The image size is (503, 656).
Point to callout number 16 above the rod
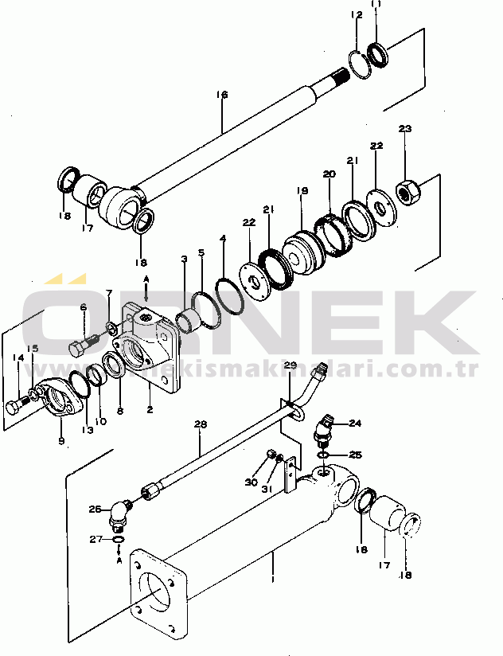click(x=222, y=95)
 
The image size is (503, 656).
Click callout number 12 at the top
click(x=356, y=15)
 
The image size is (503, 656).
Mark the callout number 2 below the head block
click(x=149, y=411)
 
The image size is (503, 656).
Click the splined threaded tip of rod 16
click(x=345, y=76)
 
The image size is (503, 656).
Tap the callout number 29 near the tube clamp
click(x=290, y=365)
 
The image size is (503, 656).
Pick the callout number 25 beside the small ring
click(x=355, y=455)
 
